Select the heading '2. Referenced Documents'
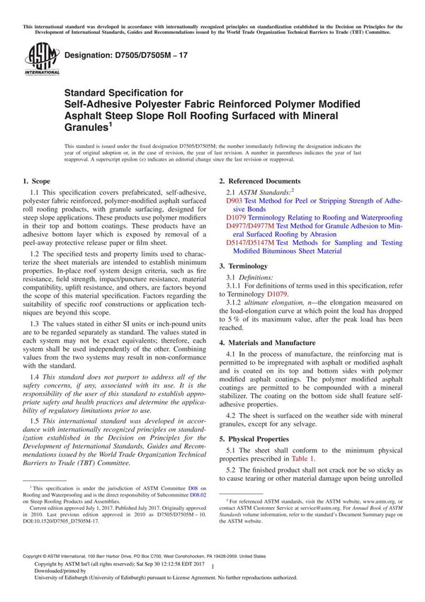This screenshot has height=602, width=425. [259, 182]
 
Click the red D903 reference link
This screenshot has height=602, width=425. [233, 202]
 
